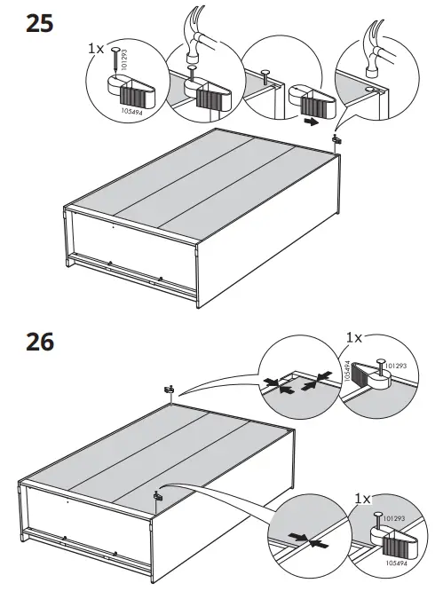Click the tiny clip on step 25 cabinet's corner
coord(337,139)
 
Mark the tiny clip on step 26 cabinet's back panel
coord(157,496)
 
